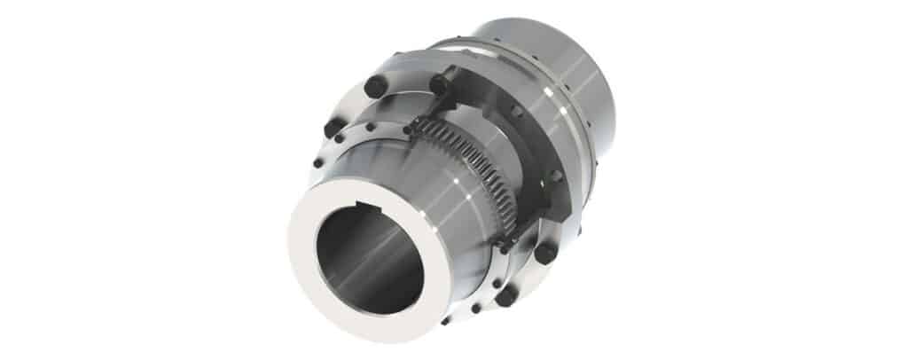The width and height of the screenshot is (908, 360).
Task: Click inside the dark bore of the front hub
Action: coord(355,257)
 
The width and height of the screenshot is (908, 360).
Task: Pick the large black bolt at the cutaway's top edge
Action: coord(438,84)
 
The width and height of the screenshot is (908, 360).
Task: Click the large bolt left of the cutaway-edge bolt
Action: coord(375,86)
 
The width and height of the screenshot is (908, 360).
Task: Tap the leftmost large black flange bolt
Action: coord(333,128)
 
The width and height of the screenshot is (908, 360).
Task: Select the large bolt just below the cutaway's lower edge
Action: coord(544,253)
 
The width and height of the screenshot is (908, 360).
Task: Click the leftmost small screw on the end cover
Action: coord(317,163)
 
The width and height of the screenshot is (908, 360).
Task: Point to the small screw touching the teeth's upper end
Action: coord(407,129)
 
